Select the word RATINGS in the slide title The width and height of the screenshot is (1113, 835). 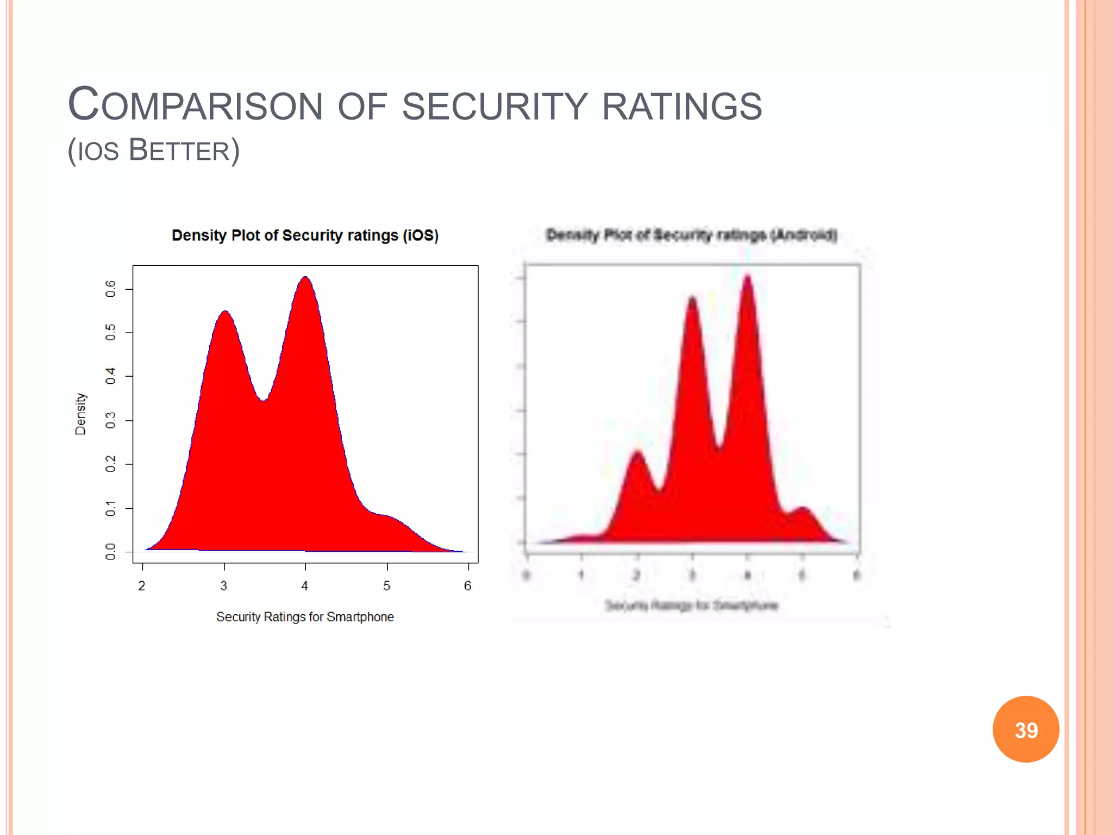[682, 105]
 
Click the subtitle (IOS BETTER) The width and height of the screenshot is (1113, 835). [153, 151]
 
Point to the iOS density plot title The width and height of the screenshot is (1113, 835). [305, 235]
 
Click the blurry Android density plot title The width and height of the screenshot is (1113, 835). [691, 235]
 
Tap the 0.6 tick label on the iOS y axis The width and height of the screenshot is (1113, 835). [111, 288]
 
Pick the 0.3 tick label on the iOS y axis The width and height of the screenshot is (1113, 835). [111, 420]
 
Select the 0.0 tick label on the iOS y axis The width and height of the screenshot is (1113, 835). [111, 551]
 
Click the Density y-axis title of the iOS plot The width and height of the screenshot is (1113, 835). [80, 414]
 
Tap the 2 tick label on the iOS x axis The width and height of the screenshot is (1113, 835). [142, 586]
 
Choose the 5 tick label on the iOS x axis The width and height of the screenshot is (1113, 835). [386, 586]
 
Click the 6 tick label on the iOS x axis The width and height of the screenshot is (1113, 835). [467, 586]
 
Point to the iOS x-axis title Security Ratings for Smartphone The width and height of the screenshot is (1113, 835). [305, 617]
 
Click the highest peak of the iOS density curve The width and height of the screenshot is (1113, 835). [305, 278]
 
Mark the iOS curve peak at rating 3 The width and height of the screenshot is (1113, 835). [225, 313]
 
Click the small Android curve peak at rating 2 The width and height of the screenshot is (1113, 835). [637, 453]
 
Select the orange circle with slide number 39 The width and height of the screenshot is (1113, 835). [1026, 730]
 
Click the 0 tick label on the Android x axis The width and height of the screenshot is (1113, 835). [526, 575]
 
